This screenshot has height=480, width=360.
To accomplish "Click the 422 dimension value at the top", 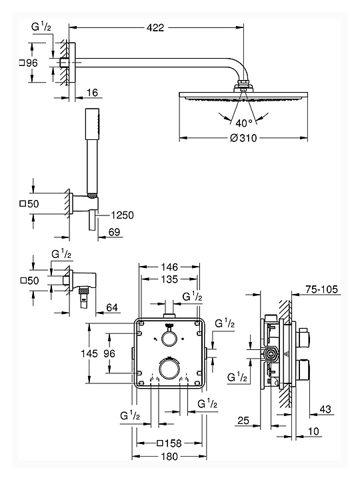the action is point(155,28).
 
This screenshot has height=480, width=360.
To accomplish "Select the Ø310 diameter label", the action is point(243,138).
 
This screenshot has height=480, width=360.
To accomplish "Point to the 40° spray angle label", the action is point(244,123).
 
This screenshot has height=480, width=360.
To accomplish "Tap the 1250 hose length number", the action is point(122,215).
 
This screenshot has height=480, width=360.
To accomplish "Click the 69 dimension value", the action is point(114,232).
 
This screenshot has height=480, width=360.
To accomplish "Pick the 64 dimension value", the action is point(112,307).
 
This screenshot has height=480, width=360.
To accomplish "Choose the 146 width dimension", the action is point(169,267).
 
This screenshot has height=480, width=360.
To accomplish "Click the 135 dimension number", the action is point(169,279).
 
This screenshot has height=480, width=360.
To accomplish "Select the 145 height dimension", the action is point(89,353).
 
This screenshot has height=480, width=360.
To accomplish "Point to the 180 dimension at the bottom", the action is point(169,457).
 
